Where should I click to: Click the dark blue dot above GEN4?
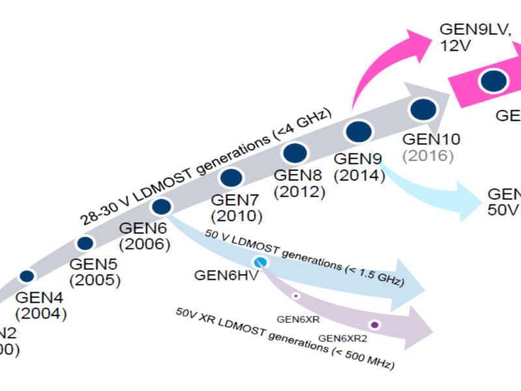(x=27, y=276)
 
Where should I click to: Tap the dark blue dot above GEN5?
(x=85, y=243)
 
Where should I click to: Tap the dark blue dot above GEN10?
(x=422, y=109)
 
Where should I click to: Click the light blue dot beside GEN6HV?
(x=260, y=263)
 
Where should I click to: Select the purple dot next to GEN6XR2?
(x=374, y=325)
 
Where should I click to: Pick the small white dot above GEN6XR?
(x=295, y=296)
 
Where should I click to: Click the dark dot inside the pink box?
(x=494, y=80)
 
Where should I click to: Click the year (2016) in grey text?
(x=427, y=156)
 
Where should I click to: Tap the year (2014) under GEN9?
(x=358, y=176)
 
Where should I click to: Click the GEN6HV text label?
(x=226, y=274)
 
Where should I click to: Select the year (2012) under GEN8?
(x=299, y=192)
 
